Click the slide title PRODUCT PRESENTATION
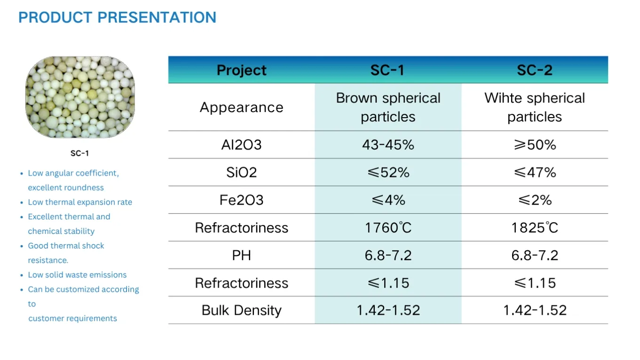[x=117, y=17]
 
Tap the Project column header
[x=241, y=70]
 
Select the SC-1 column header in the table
[x=387, y=70]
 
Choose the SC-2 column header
[x=535, y=70]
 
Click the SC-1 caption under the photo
[x=80, y=153]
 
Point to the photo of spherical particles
[x=80, y=97]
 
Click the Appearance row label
[x=241, y=107]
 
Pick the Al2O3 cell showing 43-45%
[x=388, y=144]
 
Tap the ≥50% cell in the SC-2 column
[x=535, y=144]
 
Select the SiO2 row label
[x=241, y=172]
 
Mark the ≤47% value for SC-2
[x=535, y=172]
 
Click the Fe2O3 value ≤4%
[x=388, y=200]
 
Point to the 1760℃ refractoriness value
[x=388, y=228]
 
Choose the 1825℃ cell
[x=535, y=228]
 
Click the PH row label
[x=241, y=256]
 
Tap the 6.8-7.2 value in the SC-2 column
[x=535, y=256]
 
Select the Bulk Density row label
[x=241, y=311]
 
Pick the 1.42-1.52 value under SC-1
[x=388, y=310]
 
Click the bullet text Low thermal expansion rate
[x=80, y=202]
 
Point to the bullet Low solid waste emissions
[x=77, y=275]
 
